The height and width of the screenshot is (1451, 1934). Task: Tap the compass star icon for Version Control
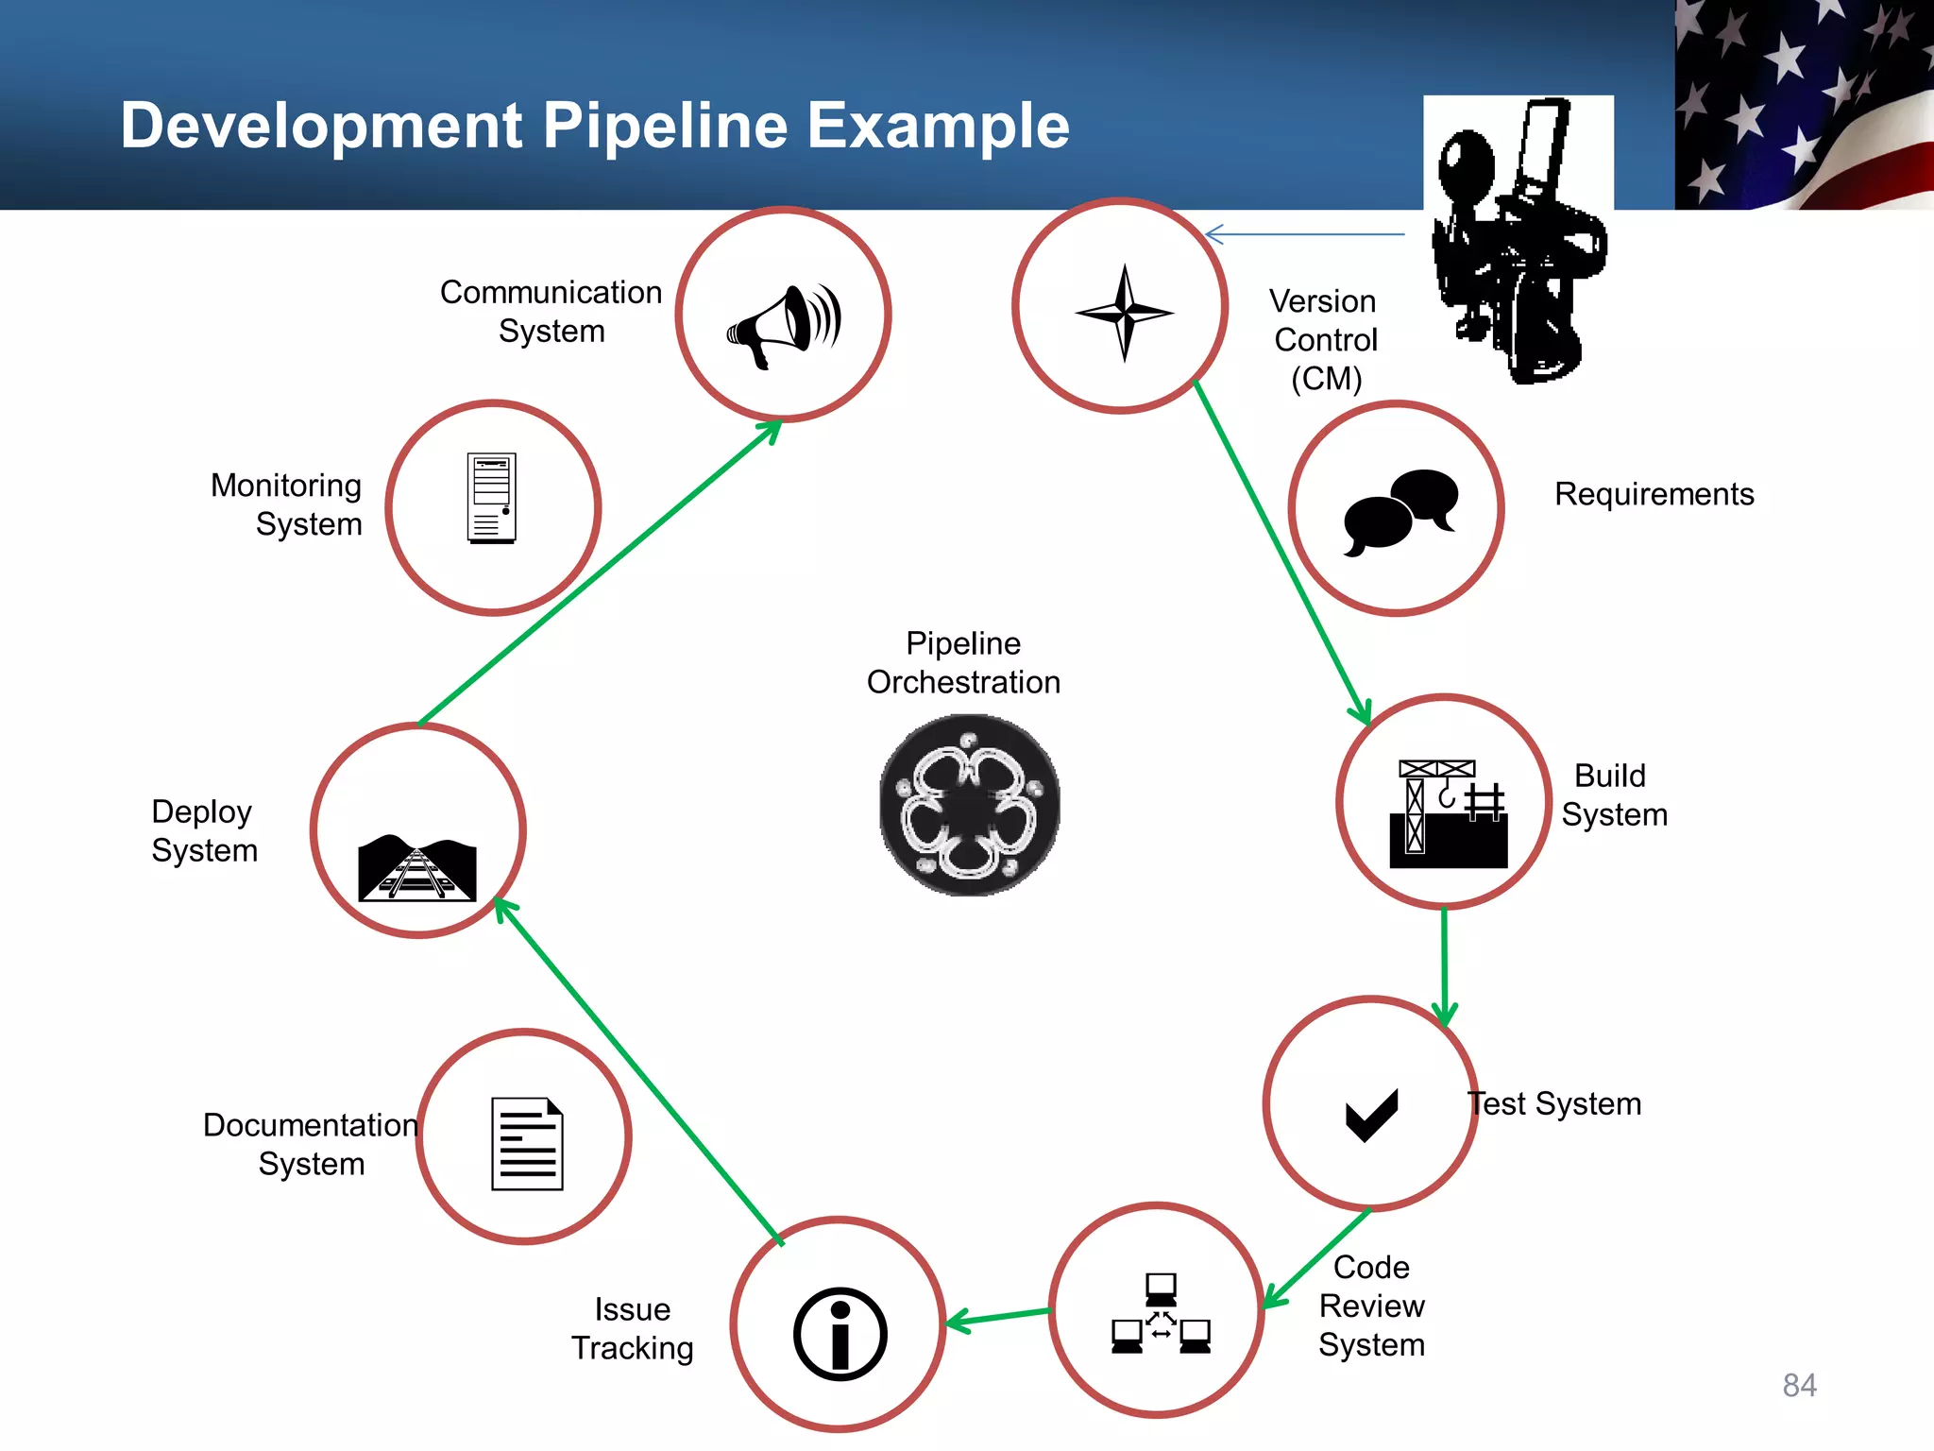tap(1124, 312)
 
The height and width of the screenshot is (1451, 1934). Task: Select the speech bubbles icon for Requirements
tap(1400, 511)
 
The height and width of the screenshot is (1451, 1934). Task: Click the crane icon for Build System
tap(1448, 813)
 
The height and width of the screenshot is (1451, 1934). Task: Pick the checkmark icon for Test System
tap(1371, 1114)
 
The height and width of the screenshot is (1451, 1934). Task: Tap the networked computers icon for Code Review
tap(1161, 1314)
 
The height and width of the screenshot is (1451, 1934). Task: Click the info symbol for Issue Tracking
tap(840, 1333)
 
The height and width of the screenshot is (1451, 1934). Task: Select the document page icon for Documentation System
tap(527, 1143)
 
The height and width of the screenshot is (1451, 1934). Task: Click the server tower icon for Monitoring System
tap(492, 498)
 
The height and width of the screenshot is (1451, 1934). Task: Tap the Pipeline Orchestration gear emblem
tap(969, 805)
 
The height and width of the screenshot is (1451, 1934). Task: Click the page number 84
tap(1799, 1385)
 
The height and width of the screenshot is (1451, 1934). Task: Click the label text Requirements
tap(1654, 494)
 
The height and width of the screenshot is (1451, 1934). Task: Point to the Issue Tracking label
tap(632, 1328)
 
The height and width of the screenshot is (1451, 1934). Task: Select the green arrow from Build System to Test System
tap(1444, 964)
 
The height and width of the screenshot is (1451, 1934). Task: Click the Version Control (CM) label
tap(1325, 339)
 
